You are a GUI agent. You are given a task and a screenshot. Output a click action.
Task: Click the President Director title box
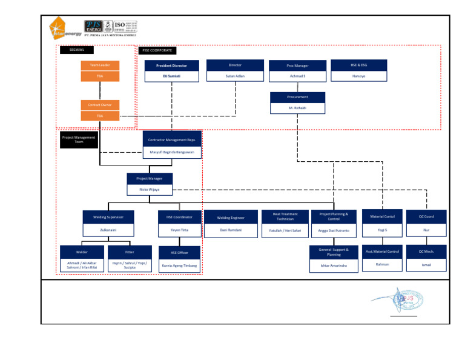click(171, 65)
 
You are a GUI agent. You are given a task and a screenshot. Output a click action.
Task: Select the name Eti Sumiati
click(171, 76)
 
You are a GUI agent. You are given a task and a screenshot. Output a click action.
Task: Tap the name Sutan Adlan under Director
click(235, 76)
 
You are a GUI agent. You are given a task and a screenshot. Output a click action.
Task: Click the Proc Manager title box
click(297, 65)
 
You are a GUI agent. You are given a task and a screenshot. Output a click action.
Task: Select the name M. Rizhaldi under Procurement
click(297, 108)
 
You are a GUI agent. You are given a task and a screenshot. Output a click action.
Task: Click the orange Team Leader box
click(99, 65)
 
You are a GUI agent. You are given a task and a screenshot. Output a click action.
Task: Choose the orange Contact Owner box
click(99, 105)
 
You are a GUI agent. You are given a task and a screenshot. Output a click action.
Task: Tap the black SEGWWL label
click(76, 50)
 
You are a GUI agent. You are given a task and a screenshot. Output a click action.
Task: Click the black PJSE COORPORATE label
click(157, 50)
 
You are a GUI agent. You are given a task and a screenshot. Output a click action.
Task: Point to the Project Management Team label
click(79, 140)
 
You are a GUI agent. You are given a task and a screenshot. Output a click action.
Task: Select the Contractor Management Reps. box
click(172, 140)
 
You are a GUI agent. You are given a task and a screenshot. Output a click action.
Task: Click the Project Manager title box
click(149, 179)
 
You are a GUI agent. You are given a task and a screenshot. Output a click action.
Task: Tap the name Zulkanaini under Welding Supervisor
click(108, 230)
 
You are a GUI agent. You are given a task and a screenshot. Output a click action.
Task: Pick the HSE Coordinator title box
click(179, 217)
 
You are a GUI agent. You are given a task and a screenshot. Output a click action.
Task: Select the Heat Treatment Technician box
click(285, 216)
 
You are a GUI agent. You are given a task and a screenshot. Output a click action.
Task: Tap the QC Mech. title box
click(426, 251)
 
